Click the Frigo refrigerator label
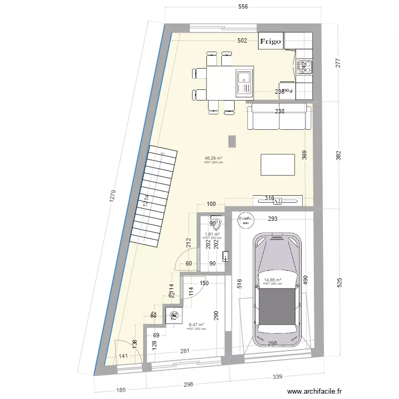click(x=270, y=41)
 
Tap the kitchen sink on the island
click(x=244, y=82)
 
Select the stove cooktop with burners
click(x=305, y=66)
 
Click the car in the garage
click(x=277, y=290)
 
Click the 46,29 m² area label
click(x=213, y=158)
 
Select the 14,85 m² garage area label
click(x=272, y=280)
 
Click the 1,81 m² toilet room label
click(x=213, y=234)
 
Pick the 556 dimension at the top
click(x=243, y=7)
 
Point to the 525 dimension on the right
click(x=339, y=281)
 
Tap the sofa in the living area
click(x=279, y=117)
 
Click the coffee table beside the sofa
click(x=278, y=164)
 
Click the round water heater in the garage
click(x=245, y=221)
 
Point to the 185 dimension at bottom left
click(x=121, y=390)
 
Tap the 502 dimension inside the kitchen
click(x=242, y=41)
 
